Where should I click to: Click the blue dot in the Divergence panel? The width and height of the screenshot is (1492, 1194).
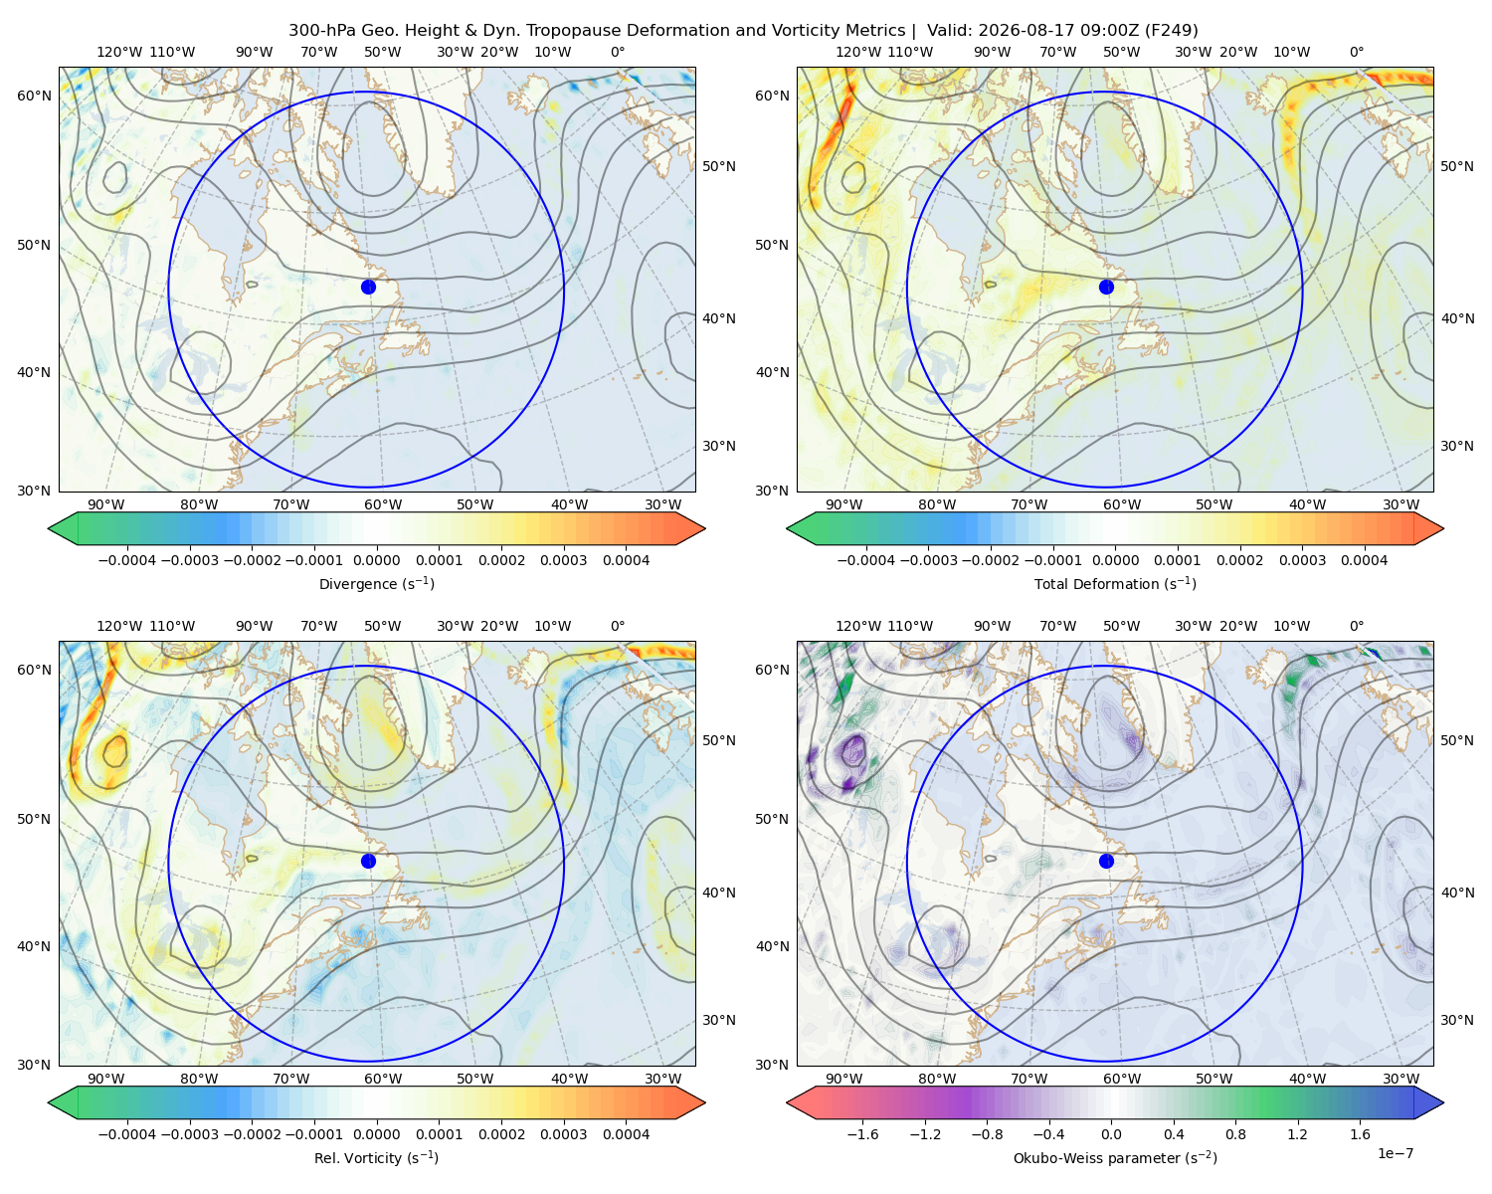pyautogui.click(x=368, y=288)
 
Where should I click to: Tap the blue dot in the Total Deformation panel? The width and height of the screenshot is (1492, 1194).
pyautogui.click(x=1106, y=288)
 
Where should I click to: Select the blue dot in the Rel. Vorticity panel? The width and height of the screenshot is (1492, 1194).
pyautogui.click(x=368, y=861)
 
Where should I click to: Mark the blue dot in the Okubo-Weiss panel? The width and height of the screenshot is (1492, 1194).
pyautogui.click(x=1106, y=861)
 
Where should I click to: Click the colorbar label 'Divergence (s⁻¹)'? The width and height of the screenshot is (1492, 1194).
pyautogui.click(x=376, y=584)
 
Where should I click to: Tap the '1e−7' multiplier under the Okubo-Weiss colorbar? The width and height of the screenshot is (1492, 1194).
pyautogui.click(x=1395, y=1154)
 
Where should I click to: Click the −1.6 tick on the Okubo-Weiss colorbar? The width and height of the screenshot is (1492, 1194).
pyautogui.click(x=863, y=1134)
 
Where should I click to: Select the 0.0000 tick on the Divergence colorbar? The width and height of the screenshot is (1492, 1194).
pyautogui.click(x=376, y=560)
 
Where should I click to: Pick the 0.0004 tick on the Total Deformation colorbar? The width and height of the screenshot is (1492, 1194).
pyautogui.click(x=1365, y=560)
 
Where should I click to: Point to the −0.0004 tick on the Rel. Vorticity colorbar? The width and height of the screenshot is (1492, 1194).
pyautogui.click(x=127, y=1134)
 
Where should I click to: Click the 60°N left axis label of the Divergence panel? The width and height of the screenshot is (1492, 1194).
pyautogui.click(x=34, y=96)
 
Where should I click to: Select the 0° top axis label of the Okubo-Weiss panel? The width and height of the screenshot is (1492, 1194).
pyautogui.click(x=1357, y=626)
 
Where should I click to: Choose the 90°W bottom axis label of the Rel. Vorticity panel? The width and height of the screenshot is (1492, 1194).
pyautogui.click(x=106, y=1079)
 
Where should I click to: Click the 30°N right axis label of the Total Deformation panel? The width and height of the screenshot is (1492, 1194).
pyautogui.click(x=1457, y=446)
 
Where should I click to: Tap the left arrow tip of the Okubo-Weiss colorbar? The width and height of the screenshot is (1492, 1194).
pyautogui.click(x=786, y=1102)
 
